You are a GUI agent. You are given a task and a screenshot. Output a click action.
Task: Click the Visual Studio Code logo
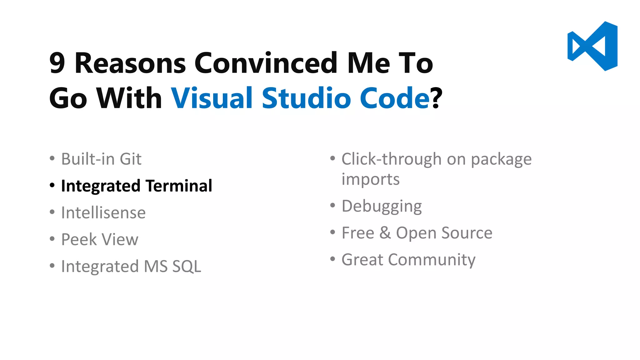(592, 46)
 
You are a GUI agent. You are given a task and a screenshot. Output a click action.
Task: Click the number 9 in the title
(57, 63)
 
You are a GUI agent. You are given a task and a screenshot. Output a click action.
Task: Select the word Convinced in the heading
(266, 63)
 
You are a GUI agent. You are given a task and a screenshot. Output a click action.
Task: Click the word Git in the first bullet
(131, 159)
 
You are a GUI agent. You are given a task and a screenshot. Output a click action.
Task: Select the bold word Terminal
(179, 186)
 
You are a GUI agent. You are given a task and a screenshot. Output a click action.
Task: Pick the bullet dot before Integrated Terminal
(52, 186)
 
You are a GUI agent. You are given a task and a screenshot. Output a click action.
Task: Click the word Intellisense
(103, 213)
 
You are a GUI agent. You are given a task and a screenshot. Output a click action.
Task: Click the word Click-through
(392, 159)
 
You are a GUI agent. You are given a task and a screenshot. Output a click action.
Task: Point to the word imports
(371, 179)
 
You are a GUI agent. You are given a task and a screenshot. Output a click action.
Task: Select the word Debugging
(382, 207)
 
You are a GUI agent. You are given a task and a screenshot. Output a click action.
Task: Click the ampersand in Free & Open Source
(385, 233)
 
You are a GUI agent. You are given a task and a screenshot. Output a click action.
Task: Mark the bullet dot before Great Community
(332, 259)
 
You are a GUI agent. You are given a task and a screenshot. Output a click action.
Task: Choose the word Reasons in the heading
(130, 63)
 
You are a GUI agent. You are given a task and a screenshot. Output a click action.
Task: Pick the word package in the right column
(501, 160)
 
